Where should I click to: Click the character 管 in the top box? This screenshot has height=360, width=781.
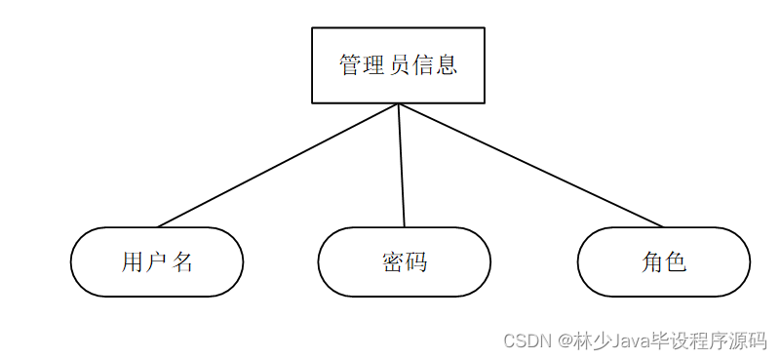[351, 65]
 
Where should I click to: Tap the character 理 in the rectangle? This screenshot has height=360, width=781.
[374, 65]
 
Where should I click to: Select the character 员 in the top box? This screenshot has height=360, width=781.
[399, 65]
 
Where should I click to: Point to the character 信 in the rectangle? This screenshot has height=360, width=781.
[423, 65]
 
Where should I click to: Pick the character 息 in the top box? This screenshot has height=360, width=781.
[447, 65]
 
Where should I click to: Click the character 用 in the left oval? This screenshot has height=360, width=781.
[133, 261]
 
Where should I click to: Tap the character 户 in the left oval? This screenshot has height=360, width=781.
[156, 261]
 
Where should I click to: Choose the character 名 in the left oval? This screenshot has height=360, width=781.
[182, 261]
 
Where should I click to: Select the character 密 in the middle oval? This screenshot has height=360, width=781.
[392, 261]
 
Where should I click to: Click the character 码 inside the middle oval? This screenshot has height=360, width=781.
[416, 261]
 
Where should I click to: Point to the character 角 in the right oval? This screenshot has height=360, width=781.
[651, 261]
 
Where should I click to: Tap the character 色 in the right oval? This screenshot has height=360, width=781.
[676, 261]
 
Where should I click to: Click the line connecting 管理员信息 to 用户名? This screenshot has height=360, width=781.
[278, 165]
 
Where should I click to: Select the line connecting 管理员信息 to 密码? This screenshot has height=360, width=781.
[402, 165]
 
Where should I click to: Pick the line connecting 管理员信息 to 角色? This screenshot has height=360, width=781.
[531, 165]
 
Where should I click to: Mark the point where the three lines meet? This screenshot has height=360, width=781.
[399, 103]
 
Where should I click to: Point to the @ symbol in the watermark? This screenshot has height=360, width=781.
[565, 340]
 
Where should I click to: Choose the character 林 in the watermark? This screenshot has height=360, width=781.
[583, 340]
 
